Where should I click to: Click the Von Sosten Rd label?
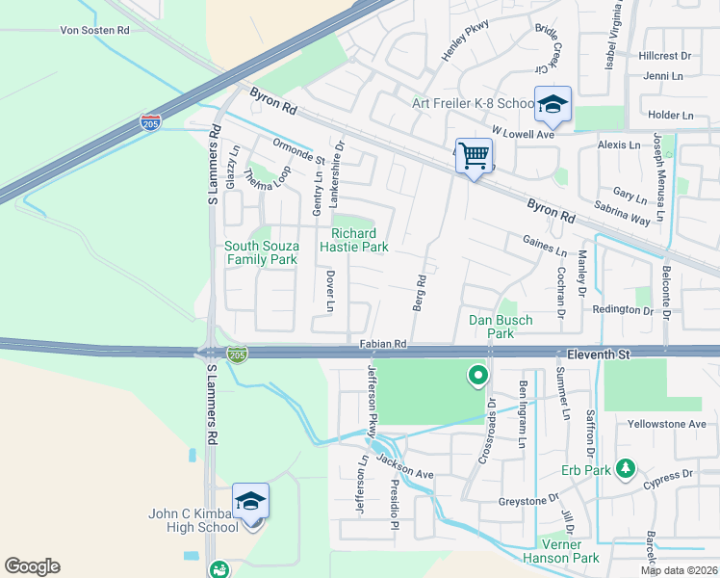pos(94,31)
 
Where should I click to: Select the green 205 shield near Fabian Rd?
pos(236,355)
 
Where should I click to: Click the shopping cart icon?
pos(474,155)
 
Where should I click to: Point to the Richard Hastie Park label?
pos(360,240)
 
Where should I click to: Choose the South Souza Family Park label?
pos(261,252)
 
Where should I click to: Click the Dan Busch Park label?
pos(500,327)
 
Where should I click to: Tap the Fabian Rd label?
pos(383,343)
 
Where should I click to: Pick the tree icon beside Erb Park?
pos(626,468)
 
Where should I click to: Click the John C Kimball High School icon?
pos(250,502)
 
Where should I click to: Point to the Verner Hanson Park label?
pos(560,550)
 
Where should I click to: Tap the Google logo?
pos(32,566)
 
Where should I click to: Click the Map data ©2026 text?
pos(679,570)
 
